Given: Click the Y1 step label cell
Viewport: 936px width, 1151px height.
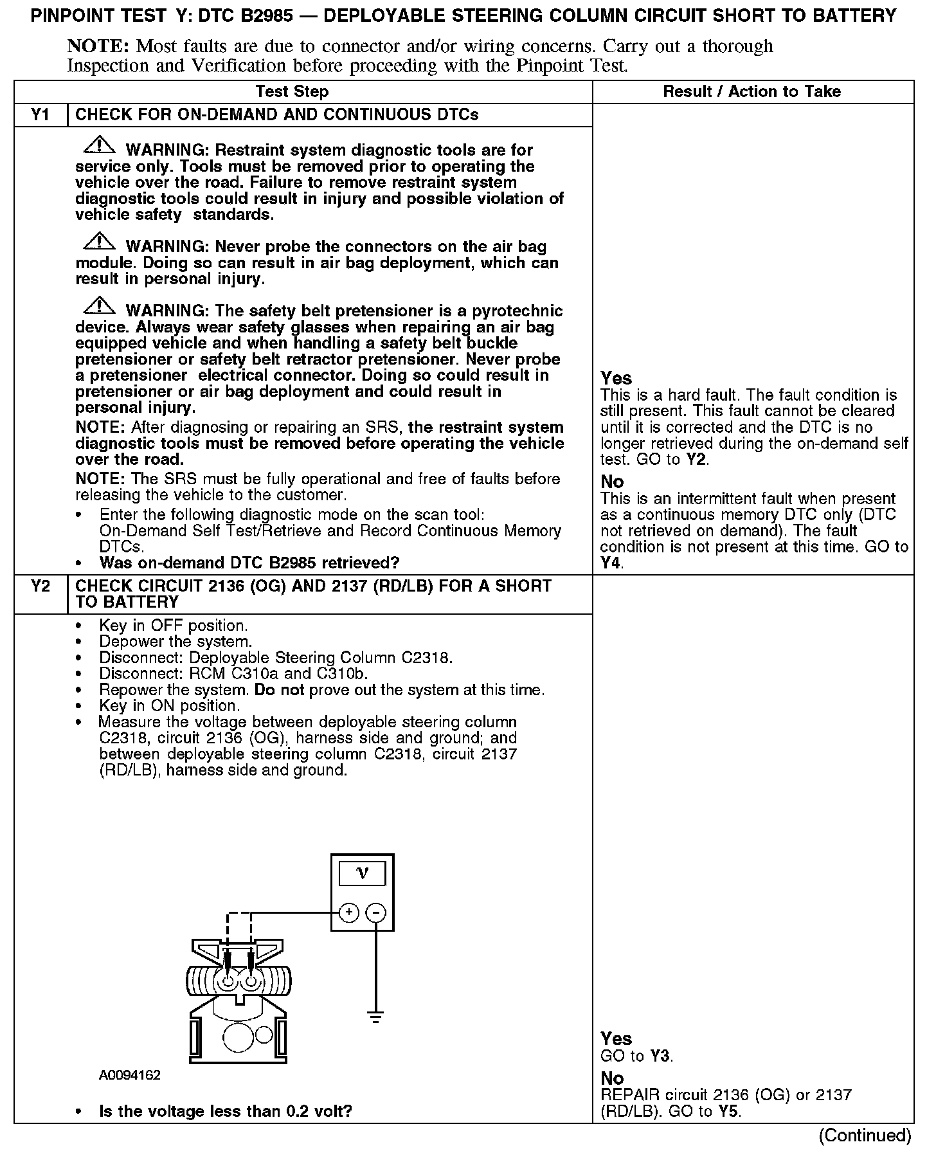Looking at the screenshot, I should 40,115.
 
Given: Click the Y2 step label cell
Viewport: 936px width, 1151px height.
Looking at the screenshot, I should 40,586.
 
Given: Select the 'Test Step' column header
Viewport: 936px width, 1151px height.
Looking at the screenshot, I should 292,92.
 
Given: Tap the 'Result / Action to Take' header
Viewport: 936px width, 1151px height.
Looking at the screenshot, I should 751,92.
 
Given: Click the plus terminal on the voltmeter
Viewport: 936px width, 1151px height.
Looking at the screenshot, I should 348,912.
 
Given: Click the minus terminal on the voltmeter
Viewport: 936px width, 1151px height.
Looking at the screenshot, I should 376,912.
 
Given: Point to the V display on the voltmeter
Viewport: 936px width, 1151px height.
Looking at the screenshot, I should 363,874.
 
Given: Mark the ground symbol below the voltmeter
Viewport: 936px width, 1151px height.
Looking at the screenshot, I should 376,1017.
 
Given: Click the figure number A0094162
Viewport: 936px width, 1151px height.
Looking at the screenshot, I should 130,1075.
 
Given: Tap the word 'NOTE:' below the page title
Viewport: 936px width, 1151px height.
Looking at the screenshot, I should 99,46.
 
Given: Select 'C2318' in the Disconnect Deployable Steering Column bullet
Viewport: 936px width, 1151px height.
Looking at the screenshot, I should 427,658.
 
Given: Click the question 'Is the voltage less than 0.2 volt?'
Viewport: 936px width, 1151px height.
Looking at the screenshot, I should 226,1111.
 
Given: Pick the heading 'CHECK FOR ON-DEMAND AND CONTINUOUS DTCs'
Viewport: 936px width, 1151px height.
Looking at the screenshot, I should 277,115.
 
